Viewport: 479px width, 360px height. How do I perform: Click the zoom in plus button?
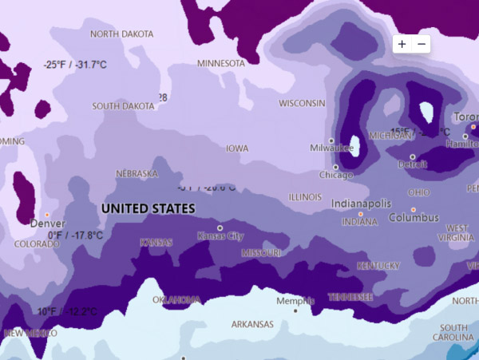coord(402,44)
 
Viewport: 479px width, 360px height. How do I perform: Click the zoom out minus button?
coord(422,44)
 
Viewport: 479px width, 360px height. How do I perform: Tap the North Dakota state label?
coord(121,34)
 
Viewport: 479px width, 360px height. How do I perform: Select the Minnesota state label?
coord(221,63)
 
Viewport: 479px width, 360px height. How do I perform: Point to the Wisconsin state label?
coord(302,103)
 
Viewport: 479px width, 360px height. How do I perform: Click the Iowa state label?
coord(237,148)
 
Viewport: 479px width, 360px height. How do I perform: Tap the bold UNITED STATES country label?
coord(148,208)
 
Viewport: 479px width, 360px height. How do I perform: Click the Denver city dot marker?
coord(46,215)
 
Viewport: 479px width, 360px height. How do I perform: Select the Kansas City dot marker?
coord(220,227)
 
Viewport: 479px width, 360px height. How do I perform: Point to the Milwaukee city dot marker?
coord(331,140)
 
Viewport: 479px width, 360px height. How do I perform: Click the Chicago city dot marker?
coord(336,167)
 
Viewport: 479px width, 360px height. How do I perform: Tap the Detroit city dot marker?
coord(412,157)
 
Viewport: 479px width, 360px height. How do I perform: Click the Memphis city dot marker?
coord(295,311)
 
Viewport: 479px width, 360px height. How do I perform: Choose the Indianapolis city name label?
coord(361,204)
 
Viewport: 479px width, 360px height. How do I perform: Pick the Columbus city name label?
coord(414,217)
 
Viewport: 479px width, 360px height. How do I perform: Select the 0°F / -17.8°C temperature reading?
coord(75,235)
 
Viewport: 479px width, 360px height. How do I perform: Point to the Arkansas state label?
coord(252,324)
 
